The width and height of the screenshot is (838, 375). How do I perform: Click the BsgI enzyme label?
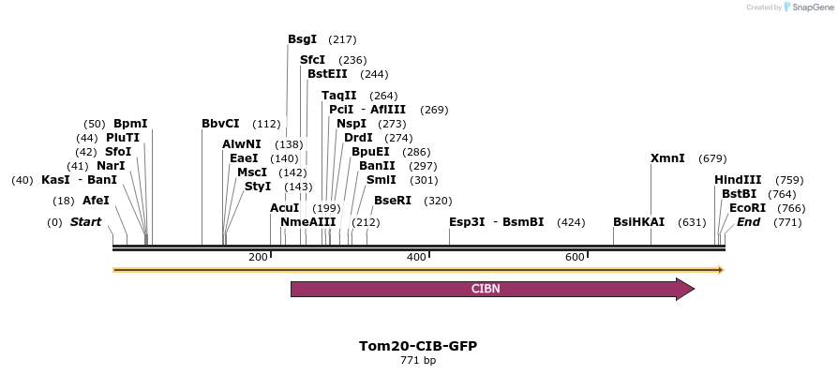click(x=302, y=39)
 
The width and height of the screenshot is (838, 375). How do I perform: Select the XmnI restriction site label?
click(x=667, y=158)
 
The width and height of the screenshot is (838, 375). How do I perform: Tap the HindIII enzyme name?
click(x=738, y=180)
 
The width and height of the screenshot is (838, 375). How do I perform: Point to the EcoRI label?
click(x=747, y=208)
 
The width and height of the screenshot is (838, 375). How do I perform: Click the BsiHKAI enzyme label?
click(x=638, y=222)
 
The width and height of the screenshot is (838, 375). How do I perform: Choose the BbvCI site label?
click(x=220, y=124)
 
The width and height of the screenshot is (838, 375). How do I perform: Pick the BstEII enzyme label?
click(x=327, y=74)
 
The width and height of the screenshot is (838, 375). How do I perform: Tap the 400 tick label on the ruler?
click(x=416, y=257)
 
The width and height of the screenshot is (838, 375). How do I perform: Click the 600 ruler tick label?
click(x=576, y=257)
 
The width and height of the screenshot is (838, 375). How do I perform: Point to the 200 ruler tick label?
click(x=258, y=257)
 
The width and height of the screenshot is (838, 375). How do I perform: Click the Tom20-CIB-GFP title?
click(x=418, y=345)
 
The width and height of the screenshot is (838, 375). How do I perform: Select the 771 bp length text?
click(x=418, y=360)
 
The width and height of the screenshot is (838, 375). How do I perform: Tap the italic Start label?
click(x=85, y=222)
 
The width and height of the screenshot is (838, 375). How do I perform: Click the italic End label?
click(x=748, y=222)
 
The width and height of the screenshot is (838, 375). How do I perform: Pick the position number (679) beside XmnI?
click(x=712, y=158)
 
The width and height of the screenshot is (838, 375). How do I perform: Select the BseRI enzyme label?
click(x=393, y=201)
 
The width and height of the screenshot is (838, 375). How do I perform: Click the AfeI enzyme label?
click(x=96, y=201)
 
